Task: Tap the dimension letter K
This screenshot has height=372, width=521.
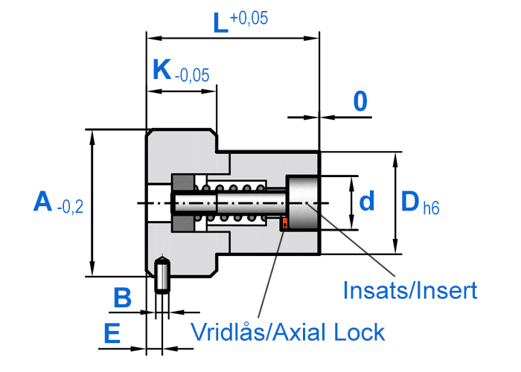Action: click(x=161, y=70)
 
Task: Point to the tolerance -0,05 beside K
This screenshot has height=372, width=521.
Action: click(x=191, y=75)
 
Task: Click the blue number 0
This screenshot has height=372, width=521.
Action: click(x=360, y=101)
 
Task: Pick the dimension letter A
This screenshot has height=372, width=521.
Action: click(x=43, y=202)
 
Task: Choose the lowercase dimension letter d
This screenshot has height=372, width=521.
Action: click(x=366, y=201)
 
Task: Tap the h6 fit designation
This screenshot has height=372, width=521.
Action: click(x=430, y=209)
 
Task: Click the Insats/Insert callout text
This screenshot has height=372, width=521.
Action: click(x=409, y=290)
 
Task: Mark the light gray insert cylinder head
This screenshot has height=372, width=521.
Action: click(x=303, y=203)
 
